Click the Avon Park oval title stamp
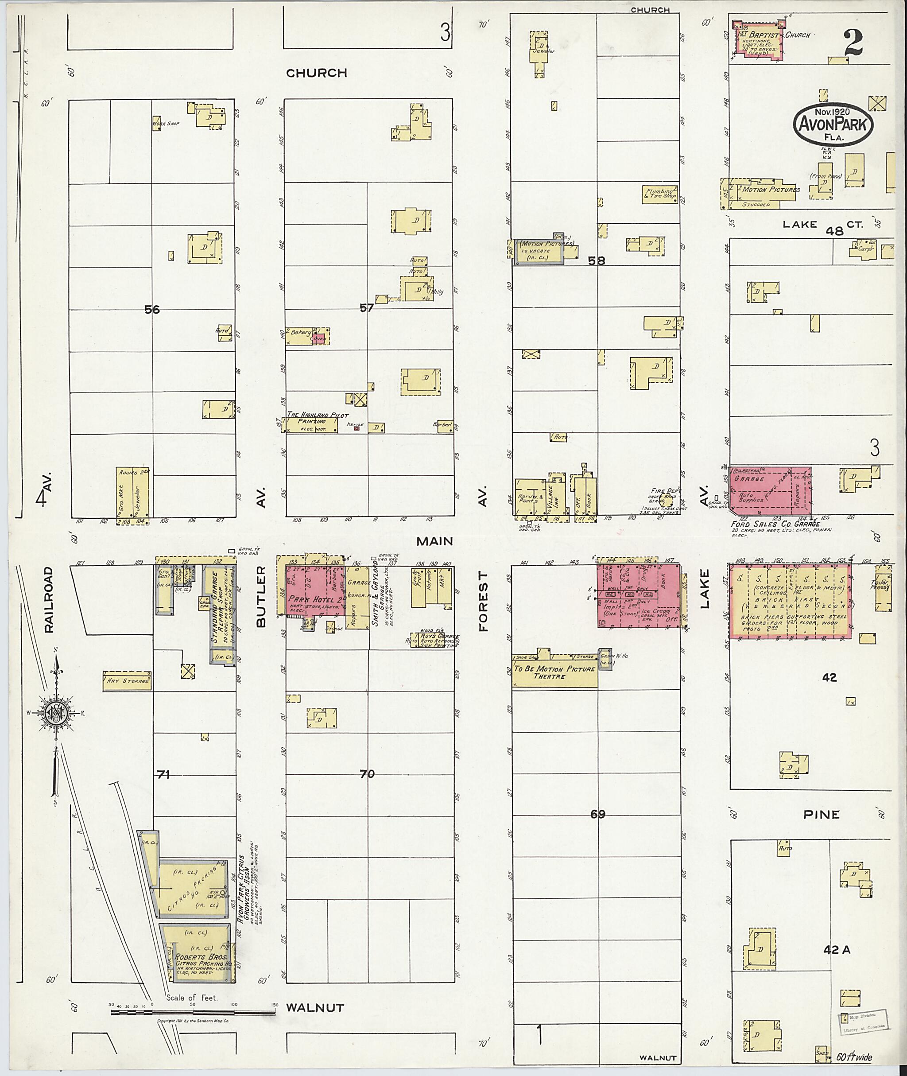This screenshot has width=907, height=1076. tap(833, 124)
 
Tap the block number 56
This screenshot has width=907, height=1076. tap(152, 310)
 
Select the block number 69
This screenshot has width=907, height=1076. tap(597, 814)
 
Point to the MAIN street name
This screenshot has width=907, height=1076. tap(434, 541)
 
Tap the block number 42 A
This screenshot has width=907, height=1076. tap(837, 951)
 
